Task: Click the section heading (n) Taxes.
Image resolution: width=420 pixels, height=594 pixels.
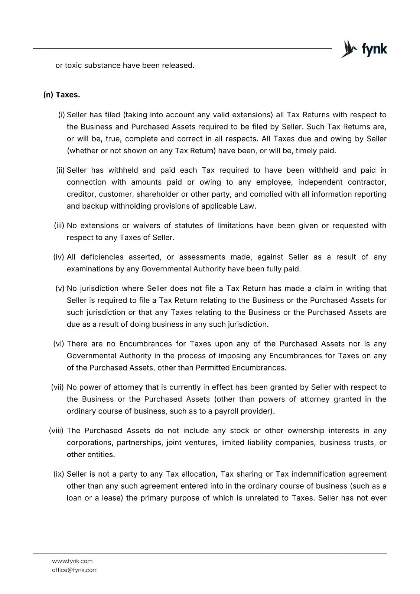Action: coord(62,95)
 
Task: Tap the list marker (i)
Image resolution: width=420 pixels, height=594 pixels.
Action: coord(62,115)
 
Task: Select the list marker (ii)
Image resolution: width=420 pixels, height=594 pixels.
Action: coord(61,170)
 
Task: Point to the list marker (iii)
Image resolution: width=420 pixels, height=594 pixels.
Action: coord(60,225)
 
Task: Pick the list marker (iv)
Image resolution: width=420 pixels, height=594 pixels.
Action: coord(60,257)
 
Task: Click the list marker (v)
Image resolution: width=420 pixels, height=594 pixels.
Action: coord(61,288)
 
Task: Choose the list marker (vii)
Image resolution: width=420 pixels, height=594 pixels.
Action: coord(58,387)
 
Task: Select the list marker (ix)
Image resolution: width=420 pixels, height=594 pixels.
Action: coord(59,474)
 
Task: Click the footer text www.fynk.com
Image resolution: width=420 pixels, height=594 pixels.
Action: coord(72,561)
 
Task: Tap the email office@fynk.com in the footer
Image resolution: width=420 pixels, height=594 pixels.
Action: coord(75,570)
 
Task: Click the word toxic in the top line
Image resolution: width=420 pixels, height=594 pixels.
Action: coord(73,66)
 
